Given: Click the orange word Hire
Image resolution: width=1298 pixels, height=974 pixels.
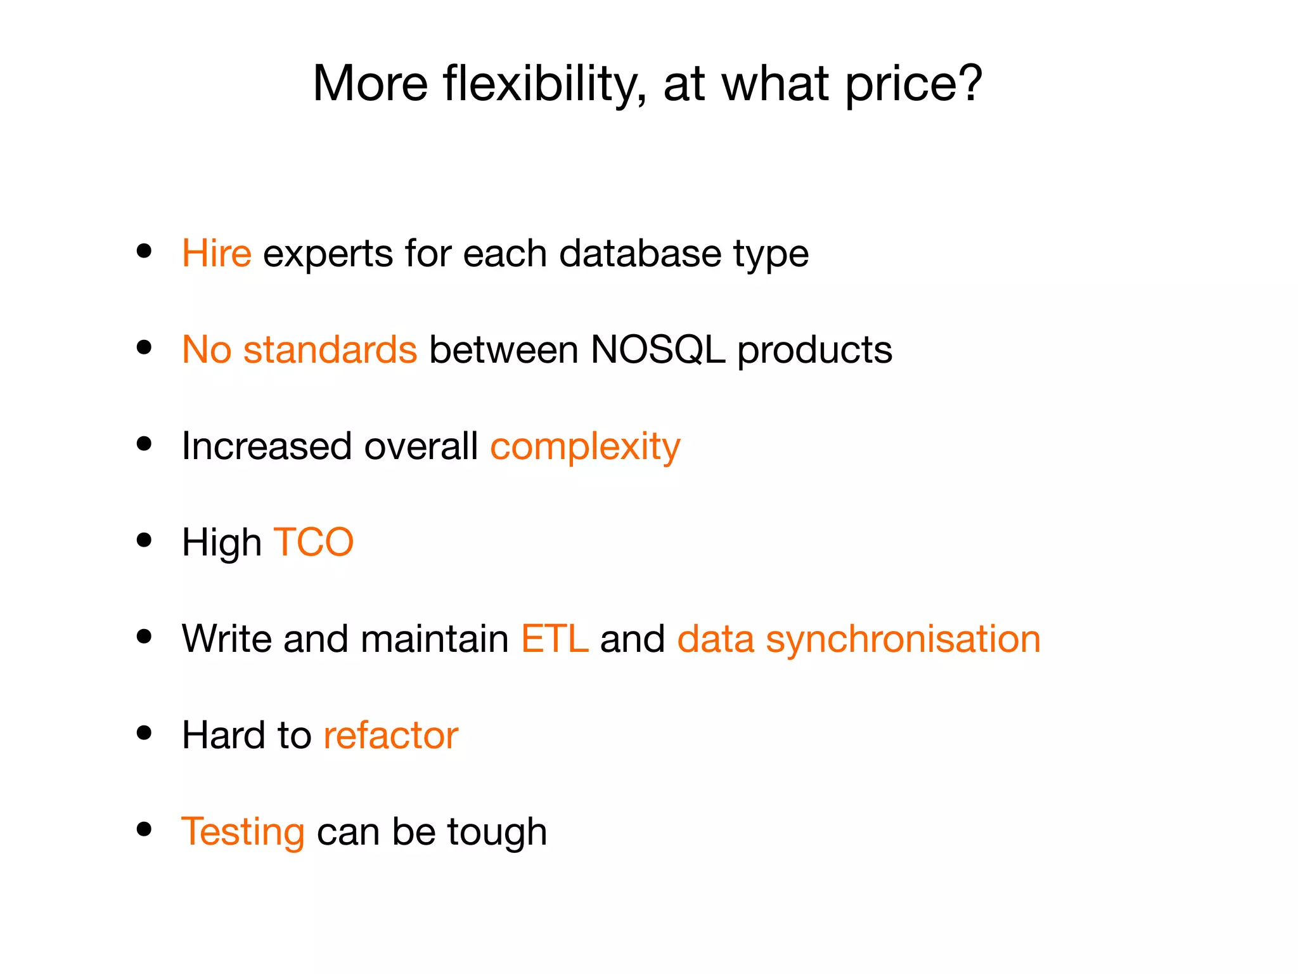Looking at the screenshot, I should tap(216, 254).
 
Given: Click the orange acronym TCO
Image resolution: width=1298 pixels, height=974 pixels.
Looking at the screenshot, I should tap(313, 543).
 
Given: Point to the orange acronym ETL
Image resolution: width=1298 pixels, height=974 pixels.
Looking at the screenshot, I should tap(555, 639).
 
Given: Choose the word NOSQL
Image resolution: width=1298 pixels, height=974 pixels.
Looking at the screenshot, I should tap(657, 350).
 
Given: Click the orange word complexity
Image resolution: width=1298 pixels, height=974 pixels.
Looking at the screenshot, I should tap(585, 447).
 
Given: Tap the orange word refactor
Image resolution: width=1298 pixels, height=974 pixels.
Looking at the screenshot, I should tap(390, 736).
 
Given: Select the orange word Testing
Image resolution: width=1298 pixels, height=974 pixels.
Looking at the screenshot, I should tap(243, 832).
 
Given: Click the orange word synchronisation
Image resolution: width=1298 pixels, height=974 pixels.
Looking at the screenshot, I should tap(903, 639).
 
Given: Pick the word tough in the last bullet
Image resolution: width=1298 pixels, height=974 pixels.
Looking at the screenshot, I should tap(497, 832).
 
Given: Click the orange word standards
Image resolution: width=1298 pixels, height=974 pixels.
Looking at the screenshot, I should tap(330, 350).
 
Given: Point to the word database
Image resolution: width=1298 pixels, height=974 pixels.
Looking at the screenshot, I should tap(640, 254).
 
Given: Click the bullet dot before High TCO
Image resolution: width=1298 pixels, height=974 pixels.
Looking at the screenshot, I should tap(145, 540).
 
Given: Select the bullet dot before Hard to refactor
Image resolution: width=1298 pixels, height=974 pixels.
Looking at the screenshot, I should tap(145, 733).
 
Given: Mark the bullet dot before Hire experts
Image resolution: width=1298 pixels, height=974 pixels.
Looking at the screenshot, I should tap(145, 251).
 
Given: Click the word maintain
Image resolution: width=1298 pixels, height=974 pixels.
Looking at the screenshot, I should tap(435, 639).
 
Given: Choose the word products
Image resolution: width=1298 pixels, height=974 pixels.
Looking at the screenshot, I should tap(814, 351).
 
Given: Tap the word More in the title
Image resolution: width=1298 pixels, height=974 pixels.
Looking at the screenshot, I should tap(371, 84).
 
